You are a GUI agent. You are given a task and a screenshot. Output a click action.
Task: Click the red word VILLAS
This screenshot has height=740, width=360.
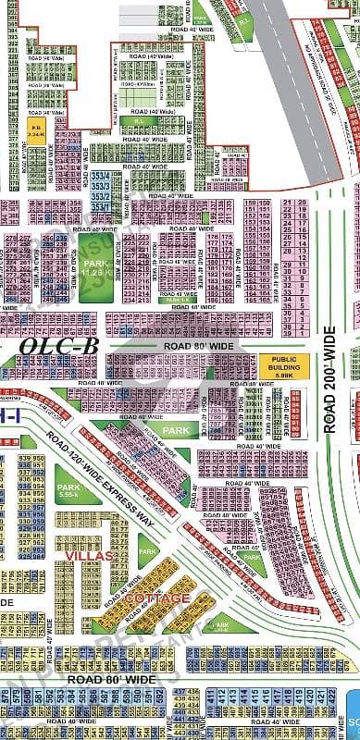[x=85, y=555]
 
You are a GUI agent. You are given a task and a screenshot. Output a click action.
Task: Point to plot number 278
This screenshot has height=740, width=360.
[x=11, y=238]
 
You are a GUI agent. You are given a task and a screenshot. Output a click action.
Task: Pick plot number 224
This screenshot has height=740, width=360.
[x=130, y=238]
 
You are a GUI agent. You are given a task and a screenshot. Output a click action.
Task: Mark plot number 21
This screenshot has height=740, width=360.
[x=289, y=203]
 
